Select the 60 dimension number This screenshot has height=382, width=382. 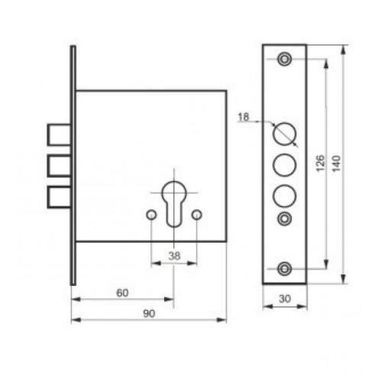point(121,293)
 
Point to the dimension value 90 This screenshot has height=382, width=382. point(149,314)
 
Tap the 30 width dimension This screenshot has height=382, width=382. point(284,299)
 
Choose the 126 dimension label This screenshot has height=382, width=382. point(321,163)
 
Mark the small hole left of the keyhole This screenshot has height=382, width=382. point(151,215)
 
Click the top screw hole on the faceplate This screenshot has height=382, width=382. point(284,59)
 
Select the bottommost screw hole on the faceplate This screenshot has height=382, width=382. point(284,267)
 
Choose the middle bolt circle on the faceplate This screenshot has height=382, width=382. point(284,164)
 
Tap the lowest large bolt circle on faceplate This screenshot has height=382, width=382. point(284,195)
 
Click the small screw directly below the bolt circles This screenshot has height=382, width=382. point(284,219)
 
